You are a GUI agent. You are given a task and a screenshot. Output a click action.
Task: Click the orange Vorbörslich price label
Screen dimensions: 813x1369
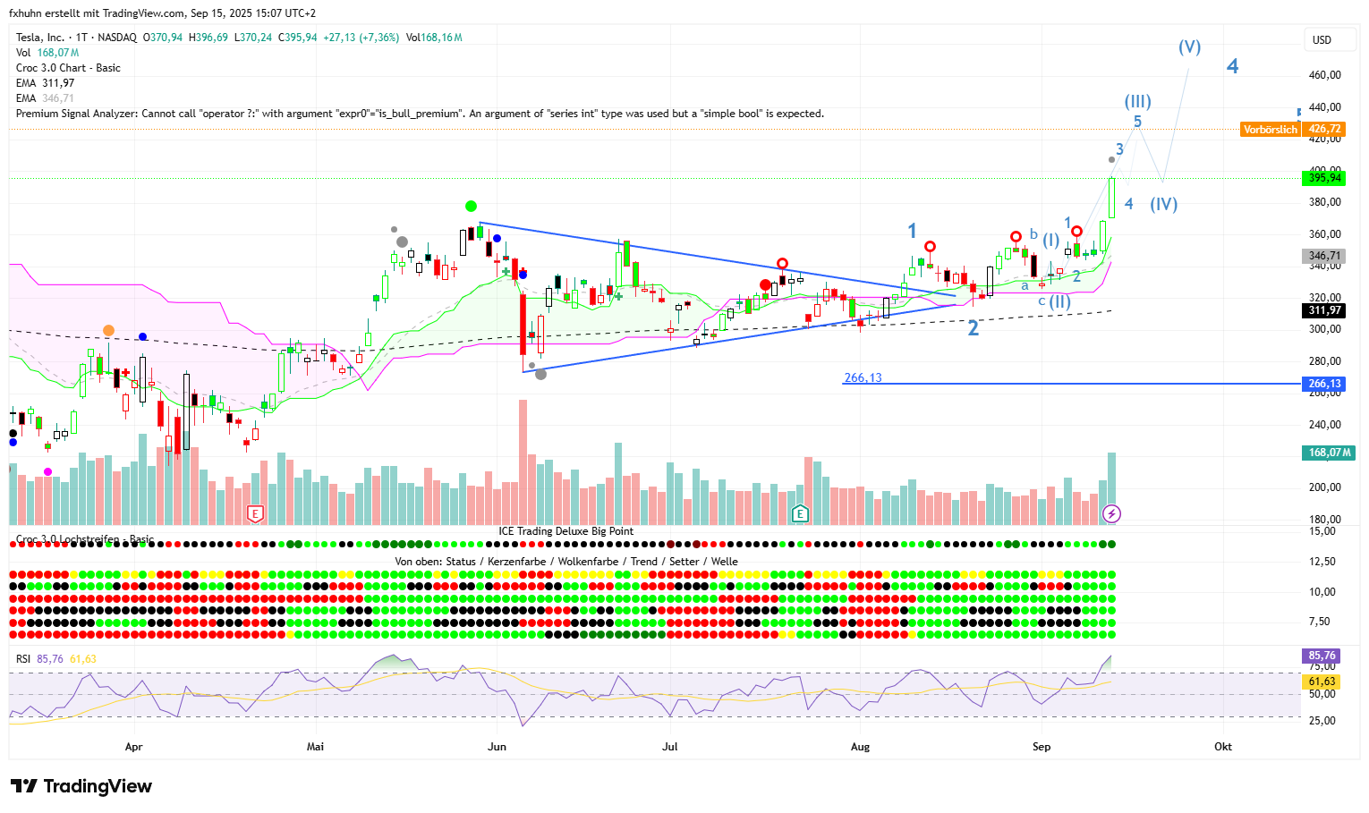1271,130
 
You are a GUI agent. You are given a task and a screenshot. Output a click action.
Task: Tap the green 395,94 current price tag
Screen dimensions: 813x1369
1324,178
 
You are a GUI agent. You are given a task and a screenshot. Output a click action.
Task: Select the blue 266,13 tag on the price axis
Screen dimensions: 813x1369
1324,384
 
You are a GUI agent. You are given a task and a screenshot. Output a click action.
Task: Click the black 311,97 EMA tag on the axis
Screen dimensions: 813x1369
1324,310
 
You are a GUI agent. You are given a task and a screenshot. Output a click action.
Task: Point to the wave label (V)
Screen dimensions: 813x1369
1189,47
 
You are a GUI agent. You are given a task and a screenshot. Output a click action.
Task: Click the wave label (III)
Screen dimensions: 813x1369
1137,101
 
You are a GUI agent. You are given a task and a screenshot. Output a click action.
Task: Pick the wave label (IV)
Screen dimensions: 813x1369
1163,204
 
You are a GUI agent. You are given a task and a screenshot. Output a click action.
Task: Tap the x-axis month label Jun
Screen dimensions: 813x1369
497,746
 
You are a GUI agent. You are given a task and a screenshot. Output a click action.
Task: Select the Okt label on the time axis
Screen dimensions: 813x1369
1222,746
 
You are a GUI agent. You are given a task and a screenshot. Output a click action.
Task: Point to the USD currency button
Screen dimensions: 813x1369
1322,40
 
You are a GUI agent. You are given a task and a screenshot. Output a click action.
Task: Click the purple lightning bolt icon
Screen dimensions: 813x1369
1111,513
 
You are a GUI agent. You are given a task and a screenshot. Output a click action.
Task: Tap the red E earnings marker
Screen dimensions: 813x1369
256,513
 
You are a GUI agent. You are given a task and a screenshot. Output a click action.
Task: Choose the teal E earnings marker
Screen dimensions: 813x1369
800,513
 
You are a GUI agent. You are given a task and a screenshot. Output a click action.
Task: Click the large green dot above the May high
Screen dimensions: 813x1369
471,207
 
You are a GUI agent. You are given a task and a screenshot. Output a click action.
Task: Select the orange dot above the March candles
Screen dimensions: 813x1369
108,331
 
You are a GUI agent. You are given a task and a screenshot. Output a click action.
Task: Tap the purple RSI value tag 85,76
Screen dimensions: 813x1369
1322,656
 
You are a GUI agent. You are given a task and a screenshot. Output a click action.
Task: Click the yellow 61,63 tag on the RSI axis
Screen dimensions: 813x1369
1322,682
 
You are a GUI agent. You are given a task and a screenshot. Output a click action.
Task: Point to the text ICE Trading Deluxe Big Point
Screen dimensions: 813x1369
565,531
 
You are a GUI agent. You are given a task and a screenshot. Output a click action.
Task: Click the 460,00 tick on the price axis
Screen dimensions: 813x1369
1324,75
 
